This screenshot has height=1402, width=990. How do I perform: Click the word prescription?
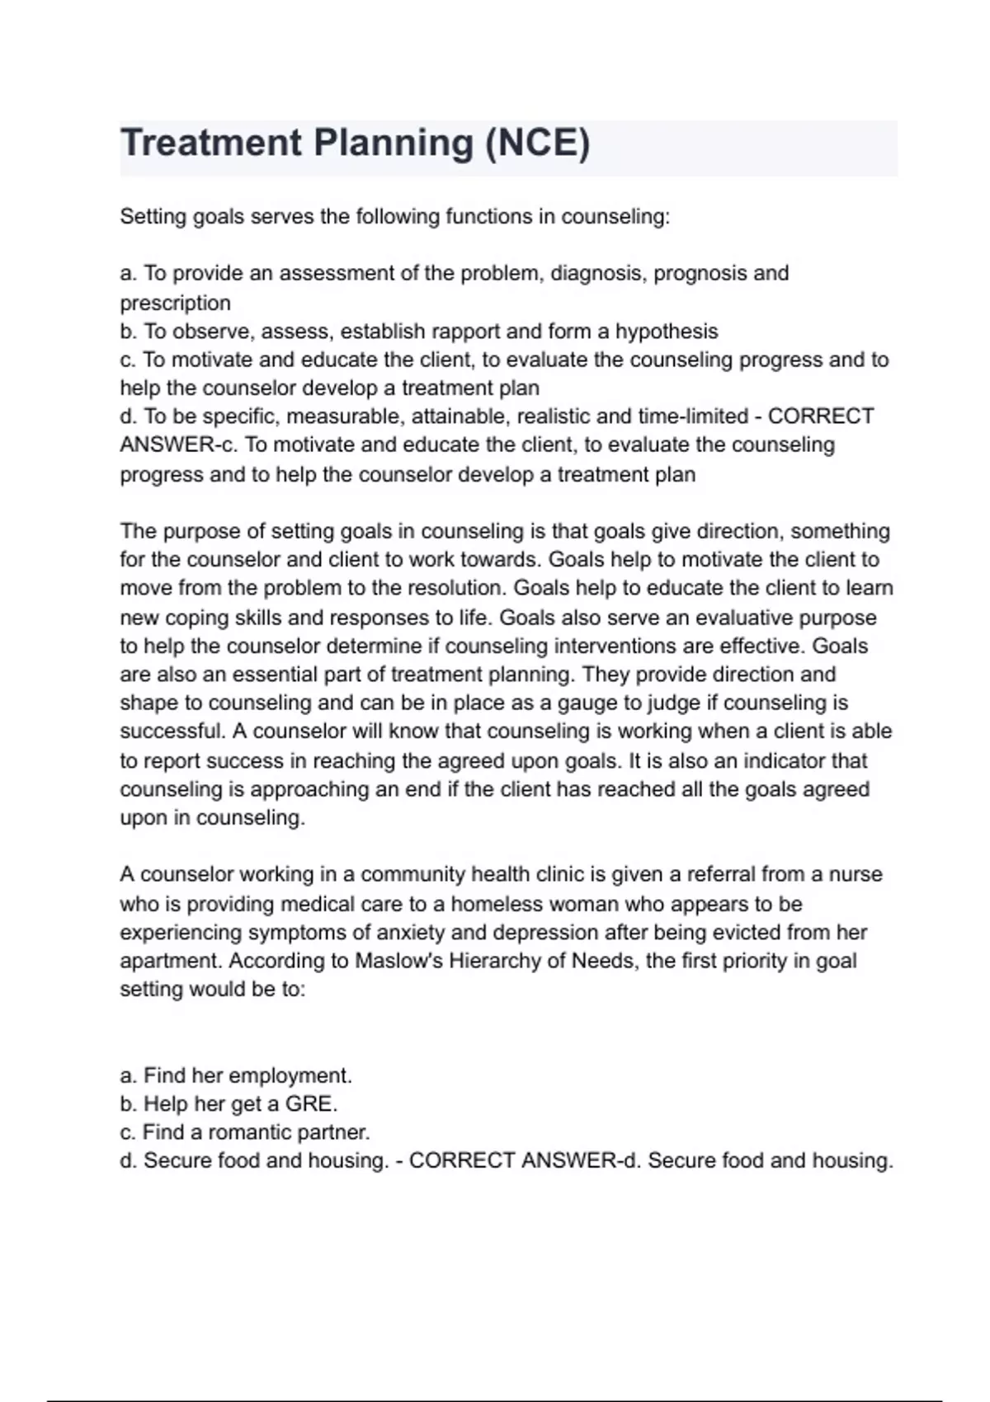175,303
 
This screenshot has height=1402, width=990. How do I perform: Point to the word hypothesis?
667,332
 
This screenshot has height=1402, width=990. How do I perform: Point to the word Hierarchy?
494,961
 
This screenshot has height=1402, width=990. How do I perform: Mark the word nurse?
856,874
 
